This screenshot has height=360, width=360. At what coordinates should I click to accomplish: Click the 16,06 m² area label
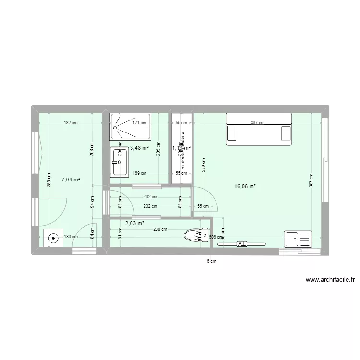tap(245, 186)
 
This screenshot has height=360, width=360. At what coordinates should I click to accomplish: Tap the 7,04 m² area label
tap(71, 180)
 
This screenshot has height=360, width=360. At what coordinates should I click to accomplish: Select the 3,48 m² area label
tap(139, 148)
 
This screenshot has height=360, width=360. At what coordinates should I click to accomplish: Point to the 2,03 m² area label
tap(135, 223)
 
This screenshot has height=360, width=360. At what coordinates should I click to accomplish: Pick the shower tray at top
tap(131, 122)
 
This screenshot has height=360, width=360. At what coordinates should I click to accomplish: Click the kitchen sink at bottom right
tap(297, 239)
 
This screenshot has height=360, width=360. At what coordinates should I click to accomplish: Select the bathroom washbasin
tap(119, 163)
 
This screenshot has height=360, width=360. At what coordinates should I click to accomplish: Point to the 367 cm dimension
tap(257, 123)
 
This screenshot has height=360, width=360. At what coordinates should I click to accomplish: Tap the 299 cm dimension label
tap(204, 165)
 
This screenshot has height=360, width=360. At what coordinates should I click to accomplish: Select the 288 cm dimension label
tap(160, 229)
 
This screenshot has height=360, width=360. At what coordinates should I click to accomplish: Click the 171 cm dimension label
tap(140, 123)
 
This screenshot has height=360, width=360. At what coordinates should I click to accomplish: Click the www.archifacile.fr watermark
tap(329, 281)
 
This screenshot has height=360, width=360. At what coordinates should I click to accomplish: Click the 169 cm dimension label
tap(140, 173)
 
